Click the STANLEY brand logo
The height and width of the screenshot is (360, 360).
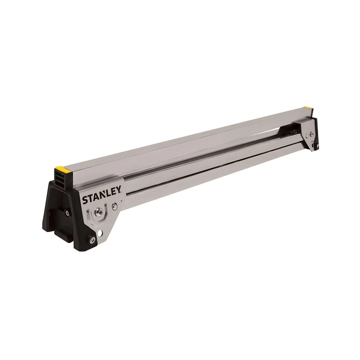tap(101, 197)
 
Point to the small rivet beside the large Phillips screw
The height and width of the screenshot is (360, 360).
tap(115, 206)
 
